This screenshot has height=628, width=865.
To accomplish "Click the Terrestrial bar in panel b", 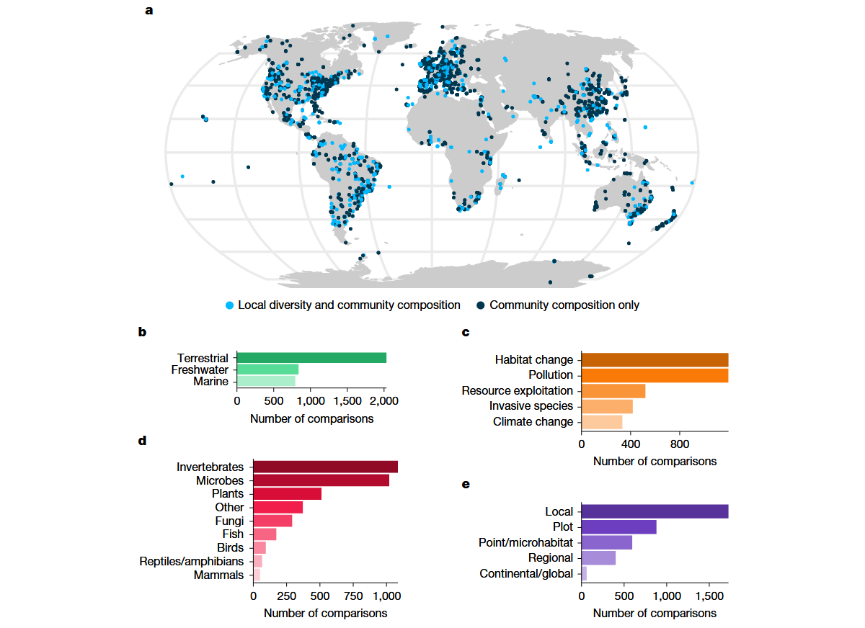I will coord(311,358).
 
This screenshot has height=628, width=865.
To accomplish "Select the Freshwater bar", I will coord(267,369).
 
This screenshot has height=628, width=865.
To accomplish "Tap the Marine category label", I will coord(210,382).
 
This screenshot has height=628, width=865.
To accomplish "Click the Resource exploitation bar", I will coord(613,391).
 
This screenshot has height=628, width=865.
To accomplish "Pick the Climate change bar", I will coord(601,422).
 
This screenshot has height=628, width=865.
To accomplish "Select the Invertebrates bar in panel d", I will coord(325,467).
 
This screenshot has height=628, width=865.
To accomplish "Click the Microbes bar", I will coord(321,480).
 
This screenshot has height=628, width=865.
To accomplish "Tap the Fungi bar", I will coord(272,521).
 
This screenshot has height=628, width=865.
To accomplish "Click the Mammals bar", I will coord(257,575).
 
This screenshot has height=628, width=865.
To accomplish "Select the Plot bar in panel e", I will coord(618,527).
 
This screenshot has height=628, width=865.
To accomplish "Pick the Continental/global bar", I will coord(584,573).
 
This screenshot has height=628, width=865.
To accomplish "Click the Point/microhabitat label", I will coord(525,542).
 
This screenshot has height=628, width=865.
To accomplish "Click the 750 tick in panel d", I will coord(353,596).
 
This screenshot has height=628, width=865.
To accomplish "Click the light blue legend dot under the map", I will coord(229,305).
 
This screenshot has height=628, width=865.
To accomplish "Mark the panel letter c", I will coord(466,333).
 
